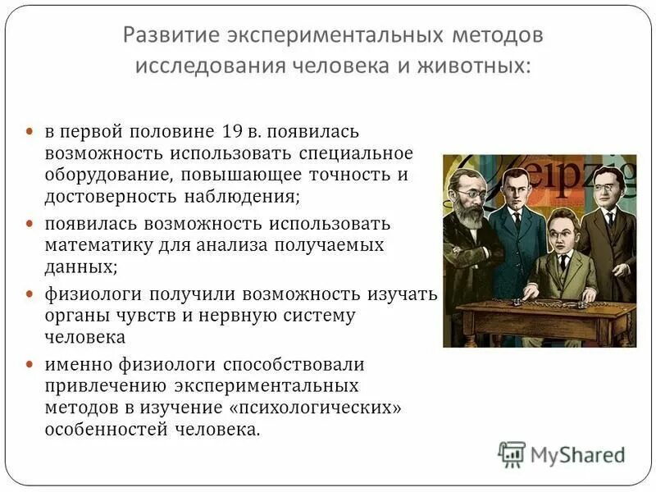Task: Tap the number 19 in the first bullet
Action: point(230,131)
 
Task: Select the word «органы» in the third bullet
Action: point(73,316)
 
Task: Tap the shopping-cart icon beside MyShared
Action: point(512,454)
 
